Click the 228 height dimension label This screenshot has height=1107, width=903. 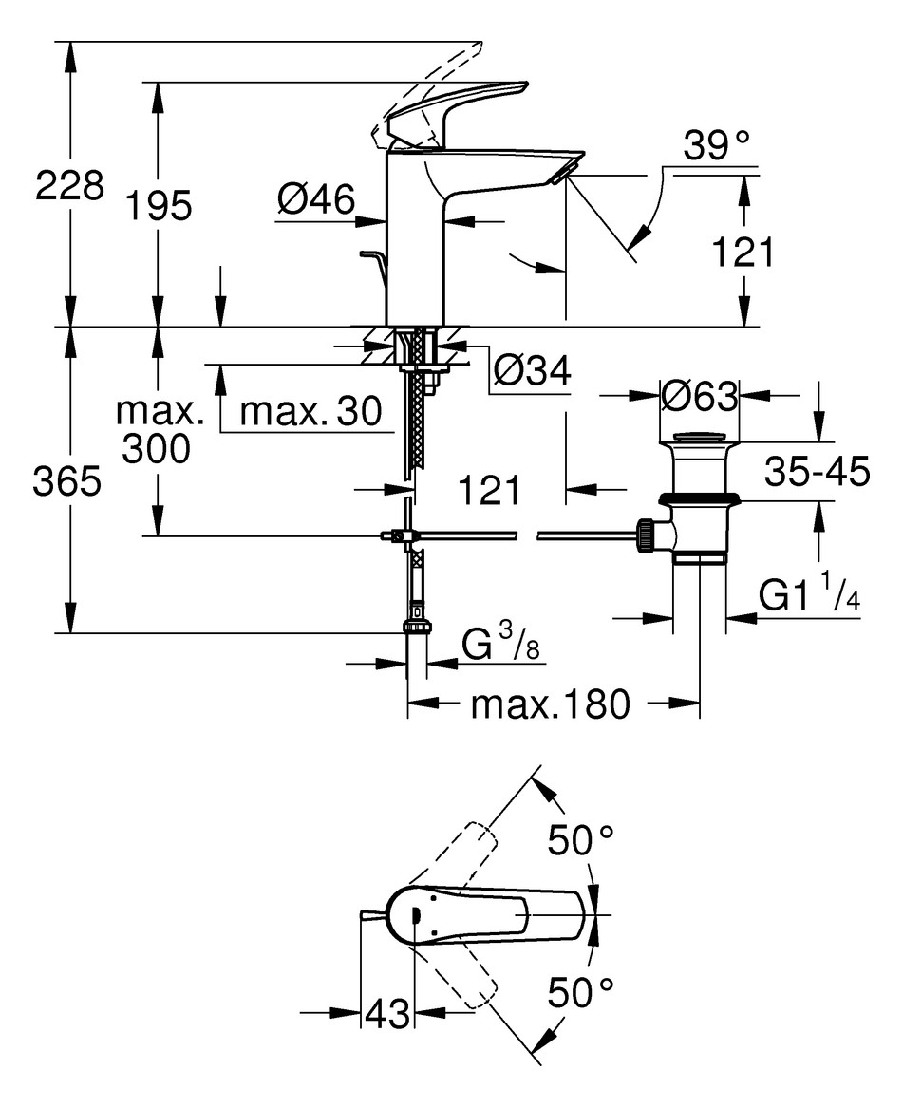(x=69, y=186)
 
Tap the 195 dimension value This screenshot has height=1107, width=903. (x=159, y=206)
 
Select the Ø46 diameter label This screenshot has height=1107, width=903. (x=315, y=198)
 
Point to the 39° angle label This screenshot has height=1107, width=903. (x=716, y=145)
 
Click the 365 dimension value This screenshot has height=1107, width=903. (x=67, y=481)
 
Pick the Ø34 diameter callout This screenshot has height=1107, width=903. (x=532, y=369)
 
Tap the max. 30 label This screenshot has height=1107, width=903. (x=310, y=411)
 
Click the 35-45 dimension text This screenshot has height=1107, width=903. (x=817, y=471)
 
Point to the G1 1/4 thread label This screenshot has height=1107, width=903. (x=810, y=593)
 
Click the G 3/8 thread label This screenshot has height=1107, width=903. (x=500, y=643)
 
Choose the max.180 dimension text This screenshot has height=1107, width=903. (x=550, y=704)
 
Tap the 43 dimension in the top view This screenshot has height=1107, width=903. (x=386, y=1014)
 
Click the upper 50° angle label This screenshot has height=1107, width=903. (x=581, y=840)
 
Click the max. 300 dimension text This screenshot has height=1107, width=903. (x=159, y=429)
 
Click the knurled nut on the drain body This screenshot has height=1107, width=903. (x=645, y=537)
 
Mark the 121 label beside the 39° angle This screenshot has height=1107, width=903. (x=743, y=252)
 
